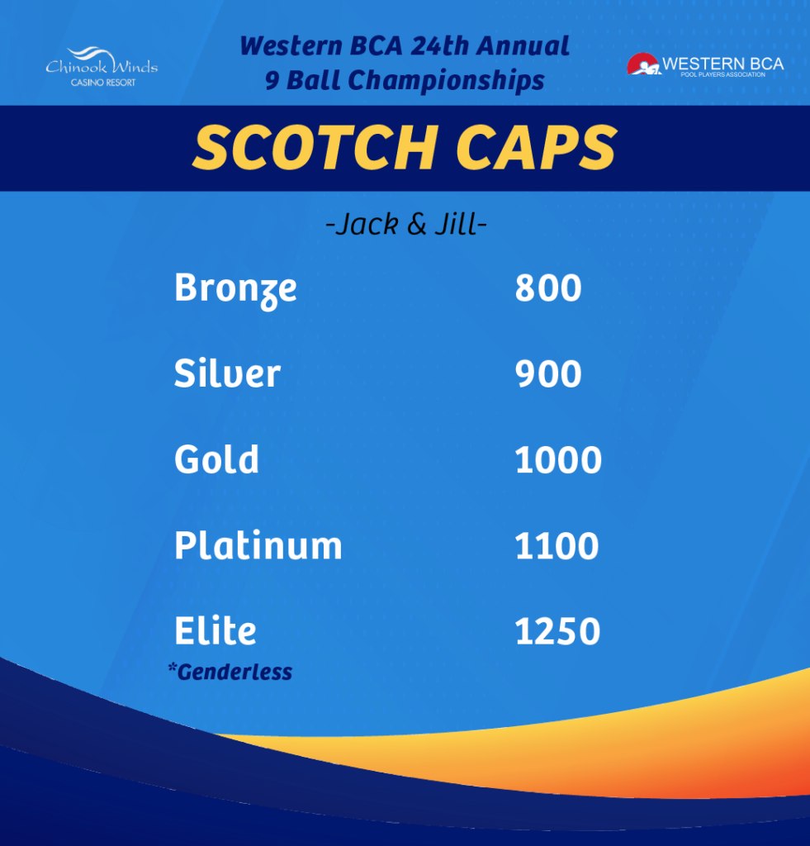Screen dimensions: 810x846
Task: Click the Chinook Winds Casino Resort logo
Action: click(102, 66)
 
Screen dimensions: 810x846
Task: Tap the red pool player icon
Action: click(643, 64)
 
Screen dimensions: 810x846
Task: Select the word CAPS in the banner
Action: click(536, 147)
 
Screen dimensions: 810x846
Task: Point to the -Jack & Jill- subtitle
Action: click(406, 224)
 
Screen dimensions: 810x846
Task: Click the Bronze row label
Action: click(235, 290)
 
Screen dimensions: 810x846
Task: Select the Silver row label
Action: click(227, 373)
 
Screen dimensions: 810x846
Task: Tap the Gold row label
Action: click(216, 459)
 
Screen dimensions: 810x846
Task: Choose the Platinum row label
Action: click(258, 545)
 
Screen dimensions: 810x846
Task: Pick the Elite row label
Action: click(216, 630)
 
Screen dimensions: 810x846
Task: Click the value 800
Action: click(548, 288)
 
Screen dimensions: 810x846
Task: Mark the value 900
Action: click(548, 373)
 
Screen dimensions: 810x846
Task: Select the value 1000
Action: click(558, 459)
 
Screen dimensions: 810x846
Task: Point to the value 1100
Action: click(557, 545)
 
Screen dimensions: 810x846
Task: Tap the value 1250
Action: click(557, 631)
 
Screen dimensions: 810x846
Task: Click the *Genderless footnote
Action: click(230, 672)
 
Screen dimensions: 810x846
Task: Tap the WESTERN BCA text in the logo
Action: click(722, 64)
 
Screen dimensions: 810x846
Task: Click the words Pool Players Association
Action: click(722, 74)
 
